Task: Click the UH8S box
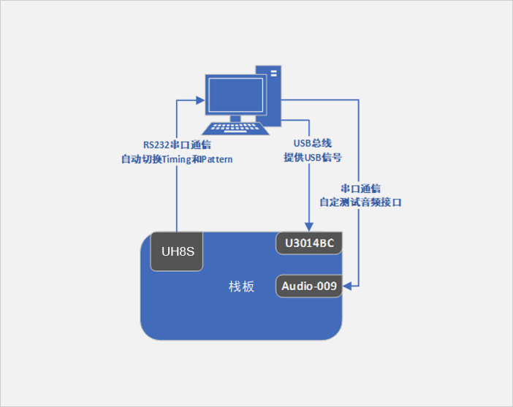(x=176, y=252)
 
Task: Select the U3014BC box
(x=309, y=243)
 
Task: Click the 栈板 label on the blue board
(x=241, y=287)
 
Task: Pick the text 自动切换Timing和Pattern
(x=177, y=159)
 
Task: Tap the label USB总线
(x=312, y=144)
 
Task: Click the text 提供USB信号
(x=313, y=158)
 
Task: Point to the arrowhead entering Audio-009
(x=349, y=286)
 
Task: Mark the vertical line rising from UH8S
(x=177, y=197)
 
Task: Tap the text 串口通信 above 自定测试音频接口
(x=360, y=188)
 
